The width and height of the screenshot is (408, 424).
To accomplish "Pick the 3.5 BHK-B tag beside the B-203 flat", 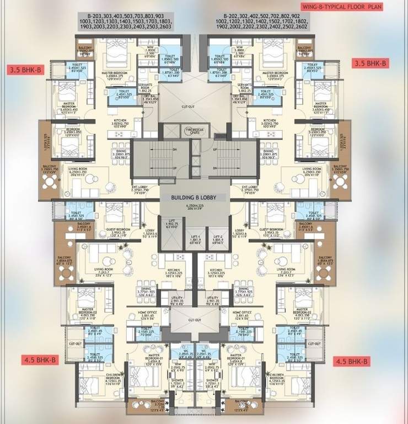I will [24, 70].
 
